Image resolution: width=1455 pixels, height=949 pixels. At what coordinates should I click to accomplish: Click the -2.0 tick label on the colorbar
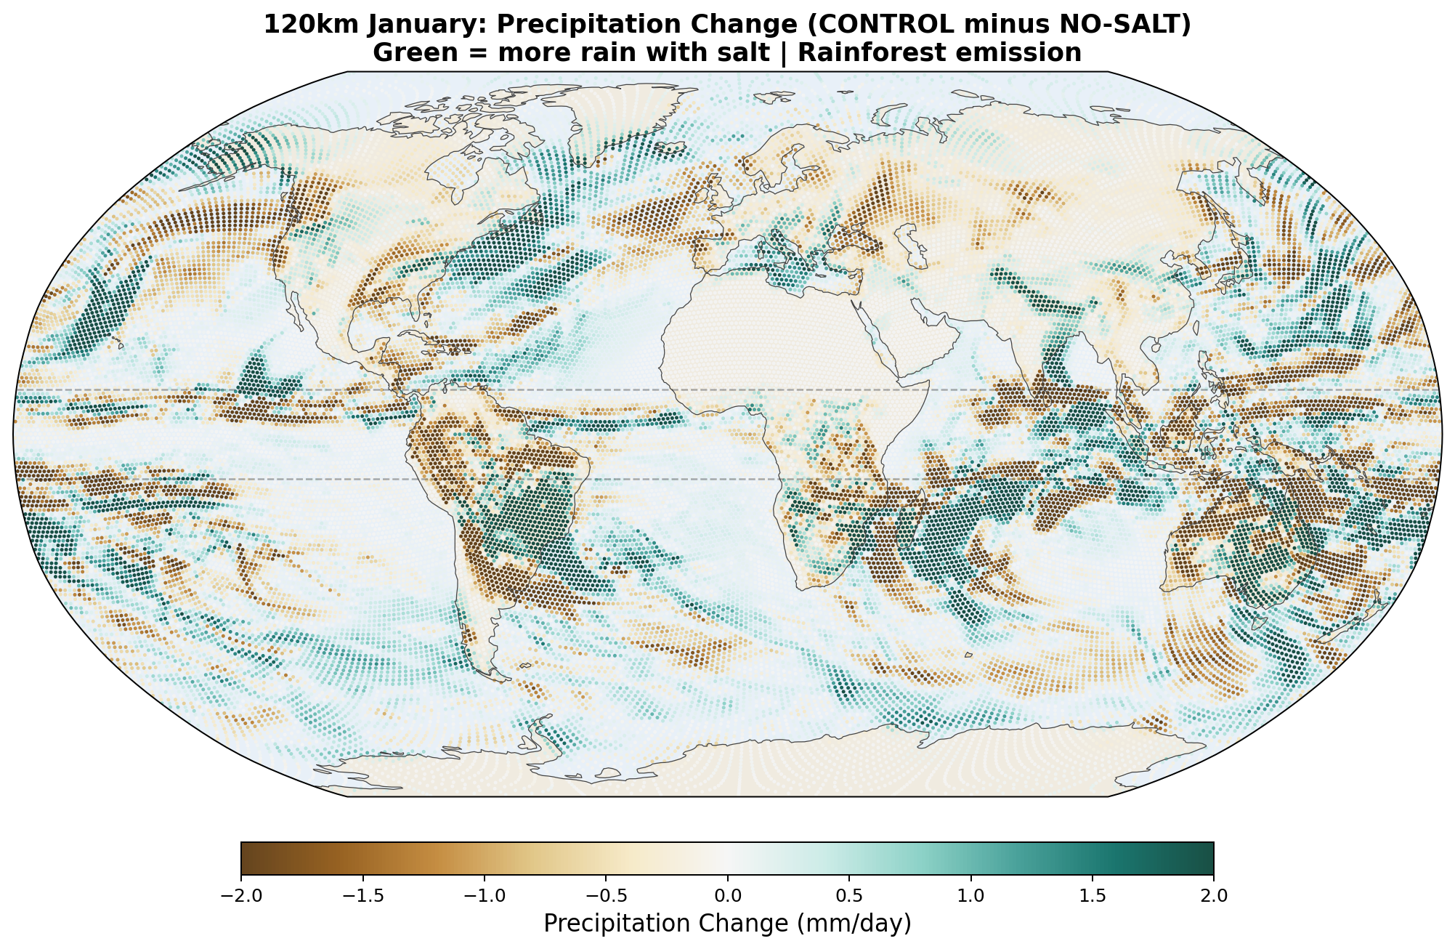(241, 896)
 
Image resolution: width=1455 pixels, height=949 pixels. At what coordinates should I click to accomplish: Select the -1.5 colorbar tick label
(362, 896)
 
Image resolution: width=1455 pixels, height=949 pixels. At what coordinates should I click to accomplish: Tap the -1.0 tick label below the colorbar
(484, 896)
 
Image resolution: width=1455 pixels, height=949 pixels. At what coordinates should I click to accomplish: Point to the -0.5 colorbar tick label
(606, 896)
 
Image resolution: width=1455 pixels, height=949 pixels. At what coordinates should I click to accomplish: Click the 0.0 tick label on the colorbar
(728, 896)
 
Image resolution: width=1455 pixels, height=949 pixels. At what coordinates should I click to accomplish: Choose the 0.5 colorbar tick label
(849, 896)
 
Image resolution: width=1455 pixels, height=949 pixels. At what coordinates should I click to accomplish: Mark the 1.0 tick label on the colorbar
(970, 896)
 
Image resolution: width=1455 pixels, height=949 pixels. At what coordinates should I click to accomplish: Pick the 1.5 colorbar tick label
(1093, 896)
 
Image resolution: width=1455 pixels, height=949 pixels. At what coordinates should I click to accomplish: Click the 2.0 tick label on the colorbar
(1214, 896)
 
